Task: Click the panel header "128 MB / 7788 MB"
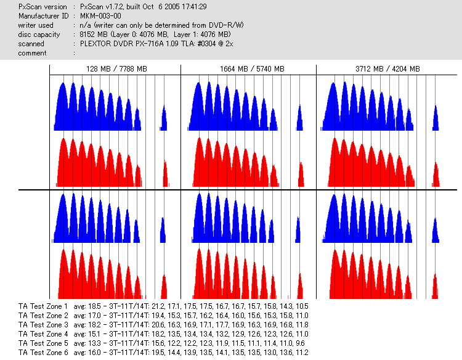[x=116, y=69]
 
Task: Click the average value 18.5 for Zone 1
[x=94, y=306]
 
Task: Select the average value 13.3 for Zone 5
[x=94, y=343]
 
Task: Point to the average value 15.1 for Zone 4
[x=94, y=333]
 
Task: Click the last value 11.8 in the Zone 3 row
[x=302, y=324]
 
